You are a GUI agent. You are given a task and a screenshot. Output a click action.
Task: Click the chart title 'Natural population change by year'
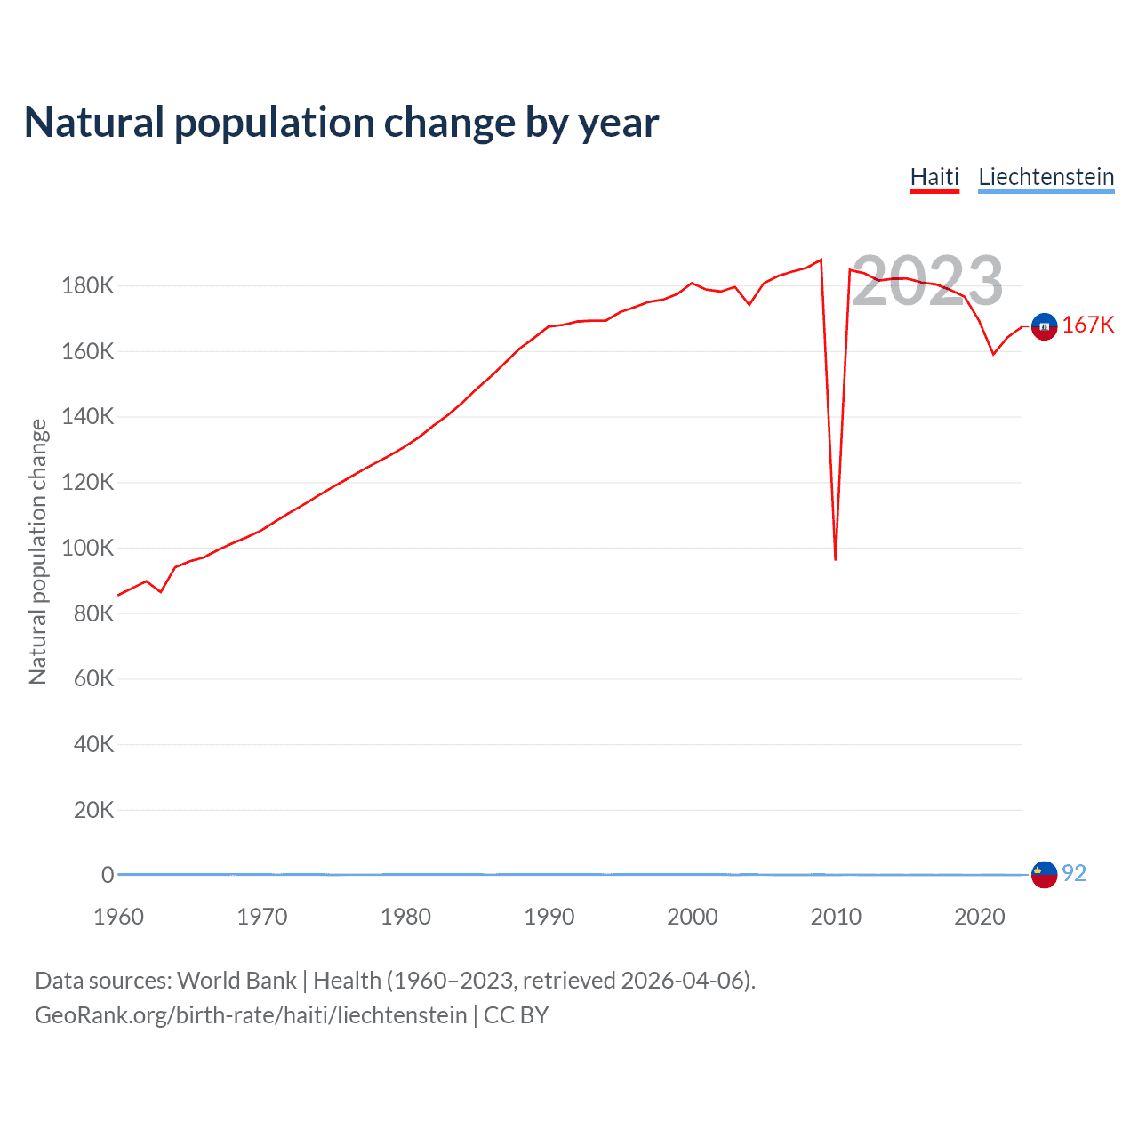(x=341, y=123)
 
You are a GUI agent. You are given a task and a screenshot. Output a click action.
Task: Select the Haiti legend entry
(x=934, y=177)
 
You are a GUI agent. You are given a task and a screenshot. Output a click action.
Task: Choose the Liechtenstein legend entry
(x=1046, y=177)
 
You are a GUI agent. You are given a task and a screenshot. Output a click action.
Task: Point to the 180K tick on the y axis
(x=88, y=286)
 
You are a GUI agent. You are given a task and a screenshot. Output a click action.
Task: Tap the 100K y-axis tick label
(x=88, y=548)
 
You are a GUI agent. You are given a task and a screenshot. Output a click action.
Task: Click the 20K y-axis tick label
(x=93, y=810)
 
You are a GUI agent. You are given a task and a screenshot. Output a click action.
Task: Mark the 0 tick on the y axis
(x=108, y=875)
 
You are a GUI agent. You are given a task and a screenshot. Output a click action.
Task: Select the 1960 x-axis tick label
(x=118, y=917)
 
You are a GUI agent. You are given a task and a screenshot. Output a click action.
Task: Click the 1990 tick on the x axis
(x=549, y=917)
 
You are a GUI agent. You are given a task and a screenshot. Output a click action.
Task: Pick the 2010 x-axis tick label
(x=836, y=917)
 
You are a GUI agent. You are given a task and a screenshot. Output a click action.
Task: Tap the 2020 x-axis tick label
(x=979, y=917)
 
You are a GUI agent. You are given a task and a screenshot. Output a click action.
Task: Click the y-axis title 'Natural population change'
(x=37, y=551)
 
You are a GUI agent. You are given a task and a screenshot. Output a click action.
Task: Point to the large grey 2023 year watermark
(x=927, y=281)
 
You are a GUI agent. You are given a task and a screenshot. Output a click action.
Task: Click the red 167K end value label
(x=1087, y=325)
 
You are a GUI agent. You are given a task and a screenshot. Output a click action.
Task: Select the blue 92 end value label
(x=1074, y=874)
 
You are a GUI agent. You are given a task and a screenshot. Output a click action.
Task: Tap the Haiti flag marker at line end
(x=1044, y=327)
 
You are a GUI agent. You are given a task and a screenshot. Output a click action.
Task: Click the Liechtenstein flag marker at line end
(x=1044, y=875)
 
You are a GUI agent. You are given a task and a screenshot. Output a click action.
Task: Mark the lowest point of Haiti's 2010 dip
(x=836, y=559)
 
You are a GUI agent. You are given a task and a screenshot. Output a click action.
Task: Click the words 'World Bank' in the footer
(x=236, y=981)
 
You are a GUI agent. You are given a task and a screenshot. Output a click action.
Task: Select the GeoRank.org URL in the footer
(x=251, y=1015)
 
